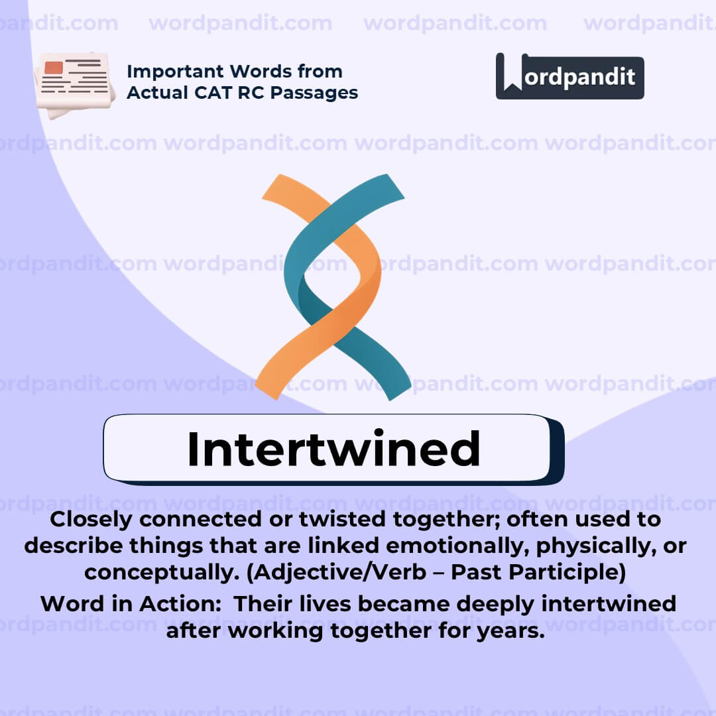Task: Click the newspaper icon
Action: (74, 84)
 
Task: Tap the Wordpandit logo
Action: (569, 77)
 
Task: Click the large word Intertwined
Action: (333, 449)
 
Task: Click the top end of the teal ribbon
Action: (391, 186)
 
